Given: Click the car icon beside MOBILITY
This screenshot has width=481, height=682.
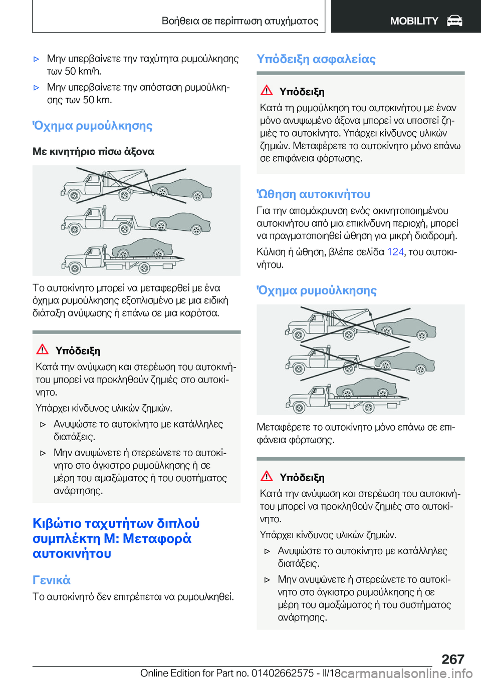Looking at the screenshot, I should coord(454,21).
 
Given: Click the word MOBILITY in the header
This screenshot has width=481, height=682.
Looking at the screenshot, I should coord(414,21).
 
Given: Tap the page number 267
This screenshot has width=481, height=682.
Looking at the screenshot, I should coord(453,659).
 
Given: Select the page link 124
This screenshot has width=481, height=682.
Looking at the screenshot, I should coord(395,252).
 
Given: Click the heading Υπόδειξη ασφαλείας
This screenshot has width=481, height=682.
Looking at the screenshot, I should coord(316,59).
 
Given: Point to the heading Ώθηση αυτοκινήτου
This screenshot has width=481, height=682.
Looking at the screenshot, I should coord(314,194).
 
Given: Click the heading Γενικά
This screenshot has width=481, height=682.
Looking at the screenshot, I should coord(52,580).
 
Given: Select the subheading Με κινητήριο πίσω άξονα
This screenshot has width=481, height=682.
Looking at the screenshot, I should coord(94,151).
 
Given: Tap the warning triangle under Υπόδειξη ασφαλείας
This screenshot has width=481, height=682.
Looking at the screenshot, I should coord(267,91).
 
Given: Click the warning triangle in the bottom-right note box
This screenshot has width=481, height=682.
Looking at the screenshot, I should coord(267,476).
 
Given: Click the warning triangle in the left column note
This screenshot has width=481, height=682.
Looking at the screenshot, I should coord(43,350).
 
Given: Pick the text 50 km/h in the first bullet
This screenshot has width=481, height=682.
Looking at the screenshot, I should coord(83,71).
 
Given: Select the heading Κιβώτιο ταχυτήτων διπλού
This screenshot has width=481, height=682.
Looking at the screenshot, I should coord(116,523).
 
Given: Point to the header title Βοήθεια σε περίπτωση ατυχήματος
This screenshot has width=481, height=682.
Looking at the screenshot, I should coord(240,21).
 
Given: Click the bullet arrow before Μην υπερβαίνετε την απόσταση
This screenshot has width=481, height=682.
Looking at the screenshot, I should coord(36,88).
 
